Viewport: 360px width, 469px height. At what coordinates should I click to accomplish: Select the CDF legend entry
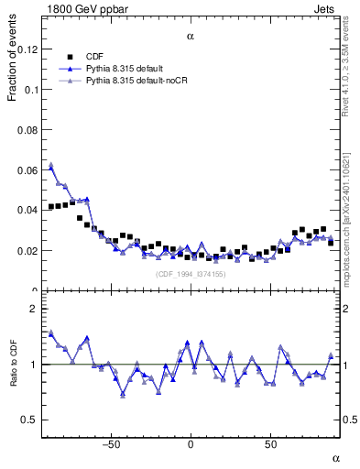(95, 56)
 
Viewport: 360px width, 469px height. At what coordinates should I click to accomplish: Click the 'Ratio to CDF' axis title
(14, 365)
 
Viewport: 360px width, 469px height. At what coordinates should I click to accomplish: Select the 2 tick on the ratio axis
(34, 309)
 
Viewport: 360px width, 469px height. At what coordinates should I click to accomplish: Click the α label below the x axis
(335, 457)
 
